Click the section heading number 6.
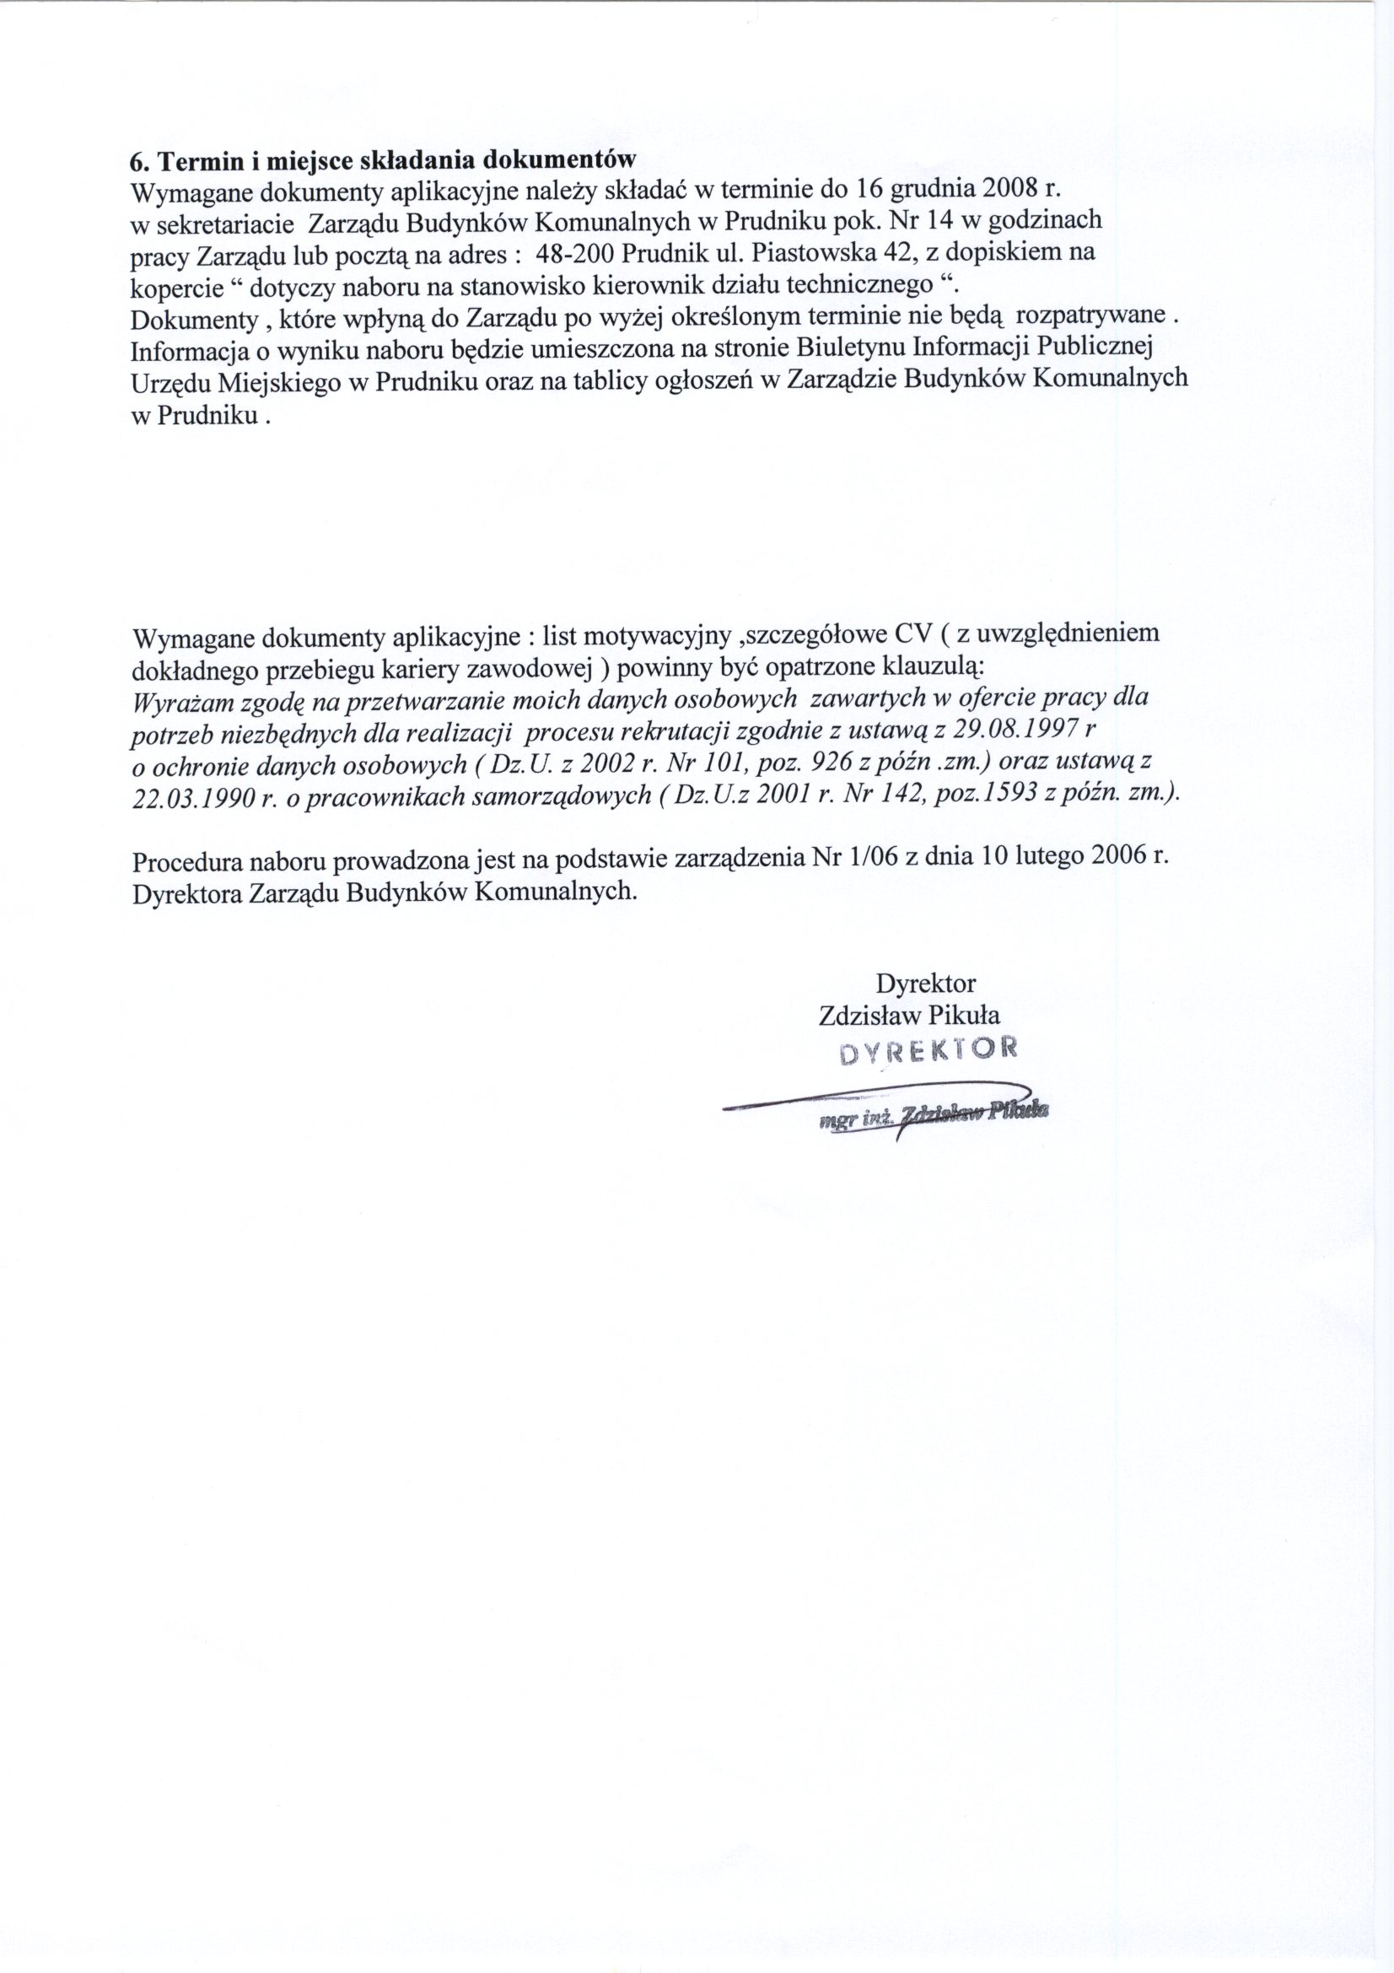(x=135, y=161)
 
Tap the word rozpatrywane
(x=1090, y=315)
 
